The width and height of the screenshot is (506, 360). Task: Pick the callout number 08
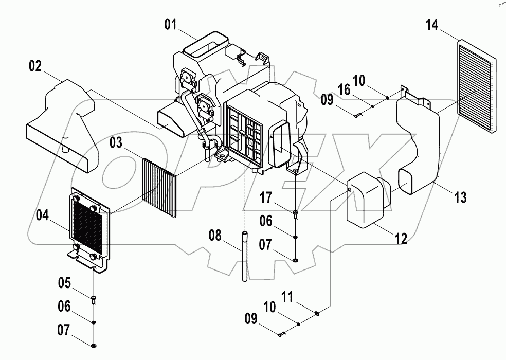(x=216, y=237)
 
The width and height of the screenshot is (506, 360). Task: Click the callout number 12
(x=401, y=239)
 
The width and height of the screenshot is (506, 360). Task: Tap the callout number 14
(x=432, y=25)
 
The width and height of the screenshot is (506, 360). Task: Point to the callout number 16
(x=344, y=90)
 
